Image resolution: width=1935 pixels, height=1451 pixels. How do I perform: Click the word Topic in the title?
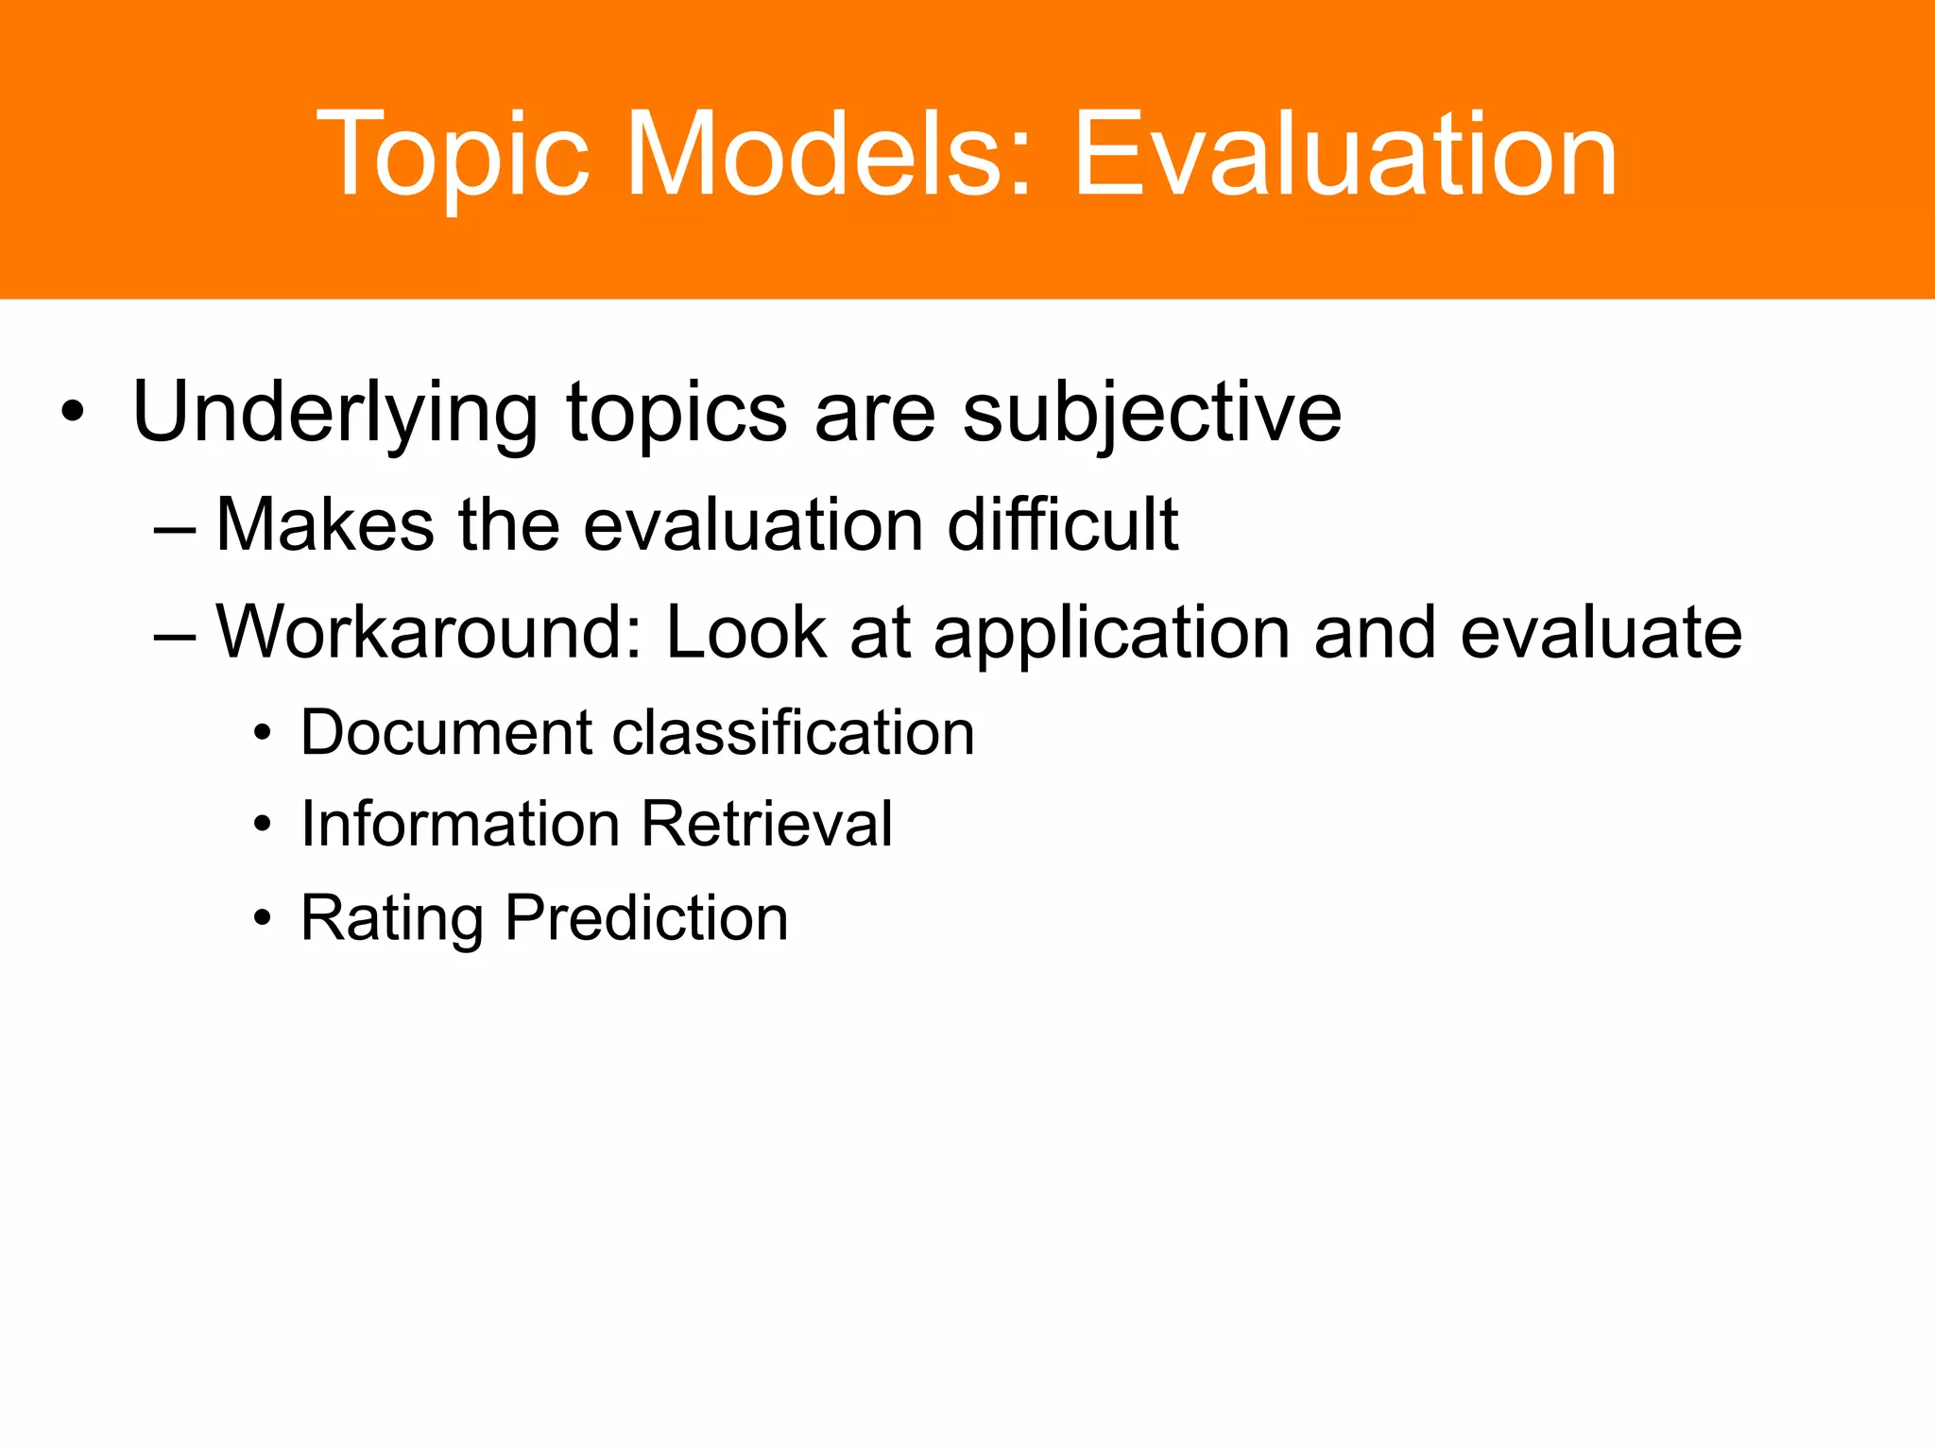(x=452, y=156)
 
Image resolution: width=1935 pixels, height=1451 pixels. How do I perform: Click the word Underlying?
(x=334, y=413)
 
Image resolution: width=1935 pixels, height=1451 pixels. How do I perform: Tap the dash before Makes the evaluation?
(x=174, y=526)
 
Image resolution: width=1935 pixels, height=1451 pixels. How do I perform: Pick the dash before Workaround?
(x=174, y=634)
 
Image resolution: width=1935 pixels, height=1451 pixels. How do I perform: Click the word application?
(x=1111, y=634)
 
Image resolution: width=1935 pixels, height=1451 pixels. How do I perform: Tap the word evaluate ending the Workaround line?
(x=1601, y=632)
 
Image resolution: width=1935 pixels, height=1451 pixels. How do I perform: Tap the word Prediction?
(x=646, y=918)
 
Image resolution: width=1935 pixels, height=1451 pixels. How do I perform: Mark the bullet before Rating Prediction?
(x=263, y=919)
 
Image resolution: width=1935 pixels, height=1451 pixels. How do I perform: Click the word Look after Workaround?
(x=746, y=632)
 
